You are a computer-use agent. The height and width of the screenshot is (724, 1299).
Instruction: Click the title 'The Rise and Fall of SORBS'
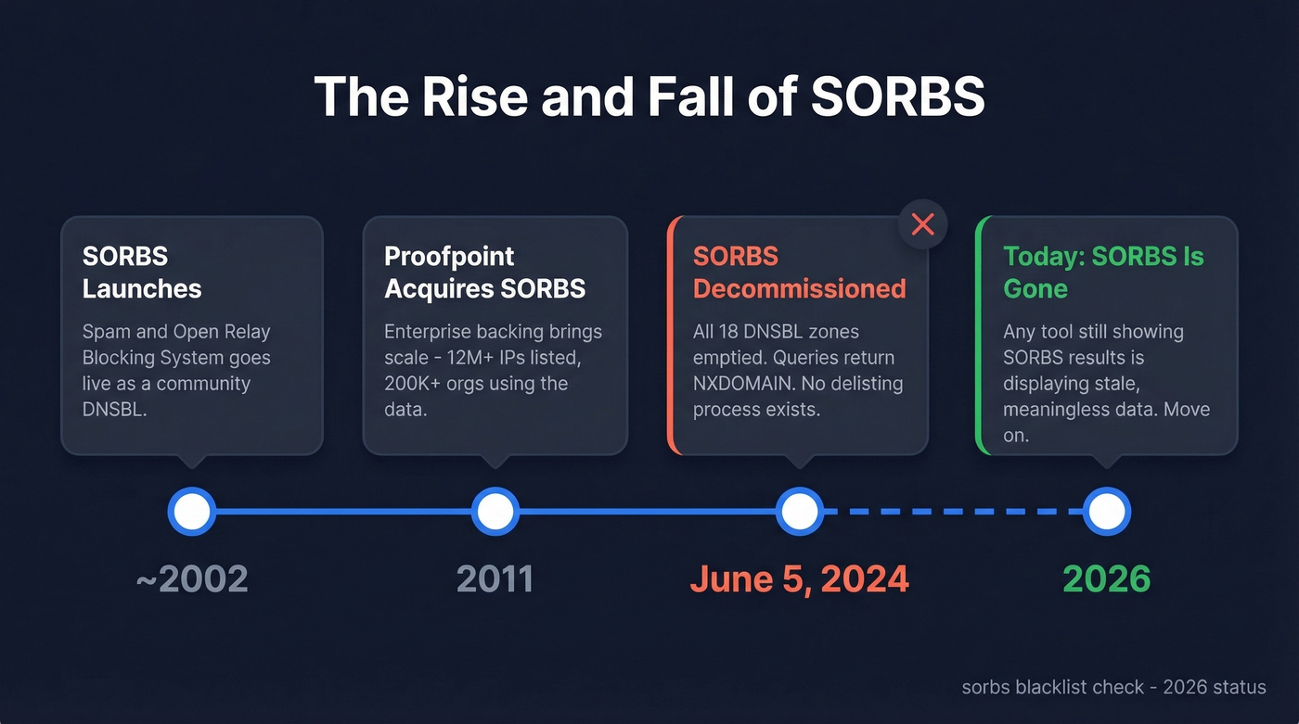coord(649,95)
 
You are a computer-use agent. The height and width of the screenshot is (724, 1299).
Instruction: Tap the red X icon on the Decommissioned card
coord(922,224)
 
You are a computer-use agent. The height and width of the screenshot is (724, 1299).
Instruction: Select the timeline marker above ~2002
coord(192,511)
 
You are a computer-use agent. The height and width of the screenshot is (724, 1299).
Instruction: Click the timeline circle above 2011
coord(495,511)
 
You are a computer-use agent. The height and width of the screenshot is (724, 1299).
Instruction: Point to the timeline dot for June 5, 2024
coord(799,511)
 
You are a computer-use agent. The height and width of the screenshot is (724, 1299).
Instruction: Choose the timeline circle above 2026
coord(1106,511)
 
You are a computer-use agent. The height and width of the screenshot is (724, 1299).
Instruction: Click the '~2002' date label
coord(192,579)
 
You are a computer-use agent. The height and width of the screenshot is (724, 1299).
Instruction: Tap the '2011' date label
coord(495,579)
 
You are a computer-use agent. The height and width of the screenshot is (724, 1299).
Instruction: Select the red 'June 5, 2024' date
coord(799,579)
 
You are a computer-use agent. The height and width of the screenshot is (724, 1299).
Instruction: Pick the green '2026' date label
coord(1106,579)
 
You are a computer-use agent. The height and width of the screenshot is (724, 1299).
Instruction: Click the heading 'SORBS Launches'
coord(141,273)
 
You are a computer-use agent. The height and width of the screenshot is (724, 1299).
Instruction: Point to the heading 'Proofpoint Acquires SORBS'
coord(484,273)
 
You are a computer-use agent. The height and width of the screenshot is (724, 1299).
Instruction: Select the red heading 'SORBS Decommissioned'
coord(799,273)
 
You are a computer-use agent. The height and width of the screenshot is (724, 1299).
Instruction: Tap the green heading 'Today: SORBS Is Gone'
coord(1103,273)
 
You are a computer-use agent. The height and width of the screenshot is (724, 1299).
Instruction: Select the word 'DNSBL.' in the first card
coord(115,409)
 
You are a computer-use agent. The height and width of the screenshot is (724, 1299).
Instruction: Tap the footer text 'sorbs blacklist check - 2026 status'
coord(1113,687)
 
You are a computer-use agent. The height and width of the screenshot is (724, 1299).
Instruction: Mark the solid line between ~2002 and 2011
coord(343,511)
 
